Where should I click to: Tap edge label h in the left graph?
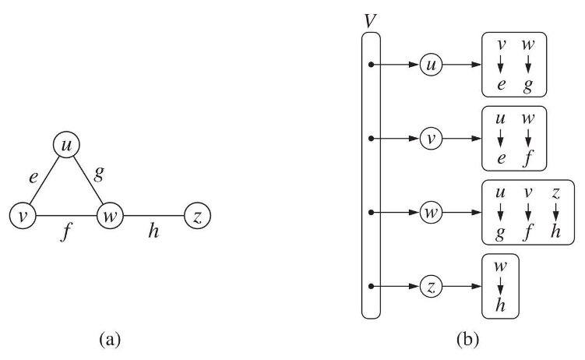coord(153,232)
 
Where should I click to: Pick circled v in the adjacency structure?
coord(430,139)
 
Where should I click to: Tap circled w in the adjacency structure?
coord(430,213)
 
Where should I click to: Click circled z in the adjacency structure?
coord(430,286)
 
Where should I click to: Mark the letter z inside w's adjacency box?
coord(556,192)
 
